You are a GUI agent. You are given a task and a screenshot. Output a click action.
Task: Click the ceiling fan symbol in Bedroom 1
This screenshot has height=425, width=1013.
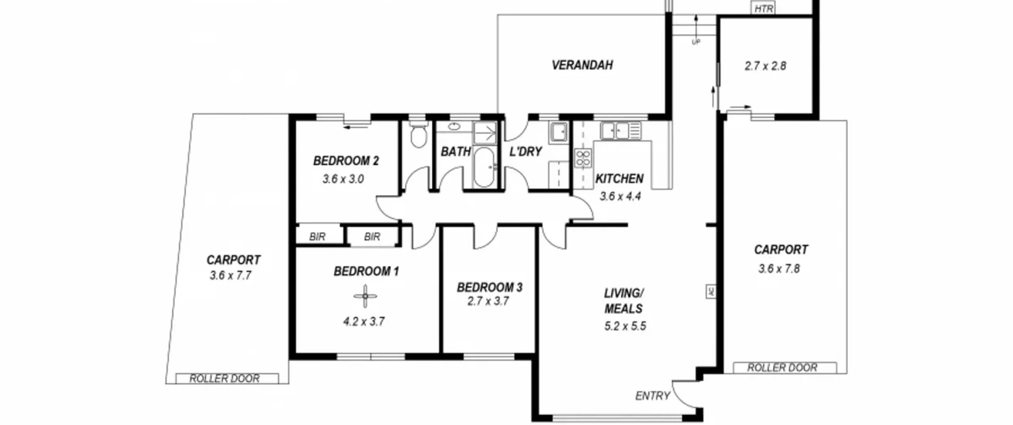(x=365, y=296)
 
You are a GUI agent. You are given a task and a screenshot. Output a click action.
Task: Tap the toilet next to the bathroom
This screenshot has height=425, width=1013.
(x=418, y=134)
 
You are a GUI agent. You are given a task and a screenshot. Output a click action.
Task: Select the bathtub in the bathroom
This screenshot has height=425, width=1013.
(x=484, y=167)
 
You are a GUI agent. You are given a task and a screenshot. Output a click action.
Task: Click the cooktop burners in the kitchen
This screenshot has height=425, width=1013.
(x=583, y=159)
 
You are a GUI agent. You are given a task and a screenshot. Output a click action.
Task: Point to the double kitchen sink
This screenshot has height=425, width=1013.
(x=620, y=131)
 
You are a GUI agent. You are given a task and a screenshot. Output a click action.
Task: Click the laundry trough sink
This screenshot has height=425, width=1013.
(x=558, y=132)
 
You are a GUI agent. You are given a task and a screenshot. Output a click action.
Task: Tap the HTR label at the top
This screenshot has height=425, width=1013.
(x=763, y=8)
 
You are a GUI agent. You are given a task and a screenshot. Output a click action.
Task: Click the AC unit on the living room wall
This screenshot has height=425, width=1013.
(x=711, y=291)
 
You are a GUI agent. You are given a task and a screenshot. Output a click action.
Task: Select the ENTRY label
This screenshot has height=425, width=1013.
(x=653, y=396)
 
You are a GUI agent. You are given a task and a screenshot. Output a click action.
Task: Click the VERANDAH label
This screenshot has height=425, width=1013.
(x=582, y=65)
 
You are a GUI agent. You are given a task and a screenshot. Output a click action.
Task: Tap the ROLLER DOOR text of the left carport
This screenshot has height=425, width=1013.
(x=224, y=378)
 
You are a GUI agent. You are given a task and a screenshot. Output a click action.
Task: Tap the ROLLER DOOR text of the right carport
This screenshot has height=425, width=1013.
(x=782, y=368)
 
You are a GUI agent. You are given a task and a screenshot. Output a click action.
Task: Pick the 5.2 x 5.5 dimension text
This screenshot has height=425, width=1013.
(x=625, y=326)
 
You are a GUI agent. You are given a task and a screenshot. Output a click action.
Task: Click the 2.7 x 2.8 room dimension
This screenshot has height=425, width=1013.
(x=765, y=66)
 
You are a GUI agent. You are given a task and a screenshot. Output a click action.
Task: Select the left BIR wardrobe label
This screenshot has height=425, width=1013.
(x=317, y=237)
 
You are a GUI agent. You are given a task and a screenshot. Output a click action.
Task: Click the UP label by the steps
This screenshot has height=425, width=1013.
(x=696, y=42)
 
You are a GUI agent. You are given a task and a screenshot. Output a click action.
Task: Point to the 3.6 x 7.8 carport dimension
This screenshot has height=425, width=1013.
(x=779, y=269)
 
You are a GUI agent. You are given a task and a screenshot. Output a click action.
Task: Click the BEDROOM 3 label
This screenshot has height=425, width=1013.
(x=490, y=287)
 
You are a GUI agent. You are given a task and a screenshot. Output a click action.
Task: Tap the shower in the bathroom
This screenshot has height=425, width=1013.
(x=485, y=132)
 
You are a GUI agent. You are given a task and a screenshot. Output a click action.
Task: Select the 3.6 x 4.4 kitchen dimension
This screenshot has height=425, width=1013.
(x=620, y=196)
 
